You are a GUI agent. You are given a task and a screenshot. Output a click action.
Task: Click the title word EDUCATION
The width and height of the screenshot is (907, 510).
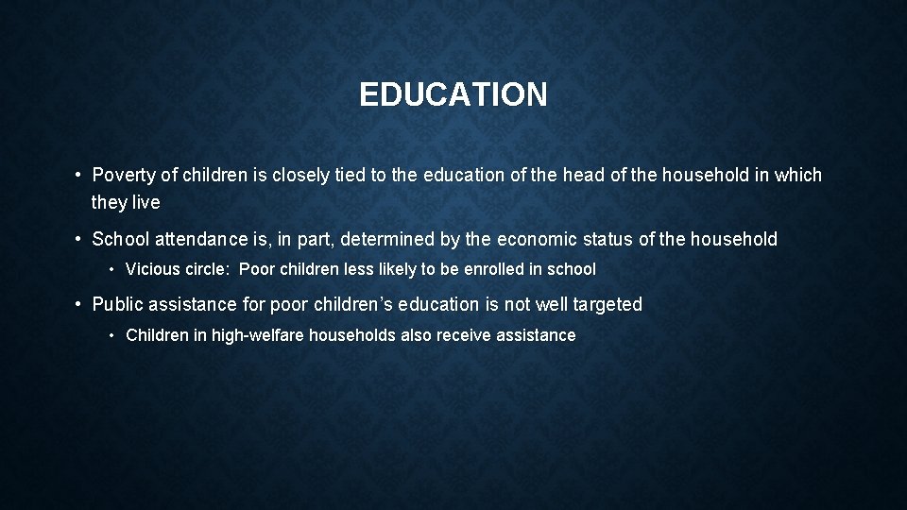453,94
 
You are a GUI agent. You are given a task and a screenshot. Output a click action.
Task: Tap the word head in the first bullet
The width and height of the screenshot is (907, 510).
578,176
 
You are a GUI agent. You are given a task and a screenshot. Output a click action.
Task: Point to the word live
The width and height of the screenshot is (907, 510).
145,202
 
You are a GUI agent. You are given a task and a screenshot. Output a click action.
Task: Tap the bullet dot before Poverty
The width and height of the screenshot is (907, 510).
77,176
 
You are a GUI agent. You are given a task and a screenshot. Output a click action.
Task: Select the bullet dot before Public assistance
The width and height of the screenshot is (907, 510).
77,304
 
